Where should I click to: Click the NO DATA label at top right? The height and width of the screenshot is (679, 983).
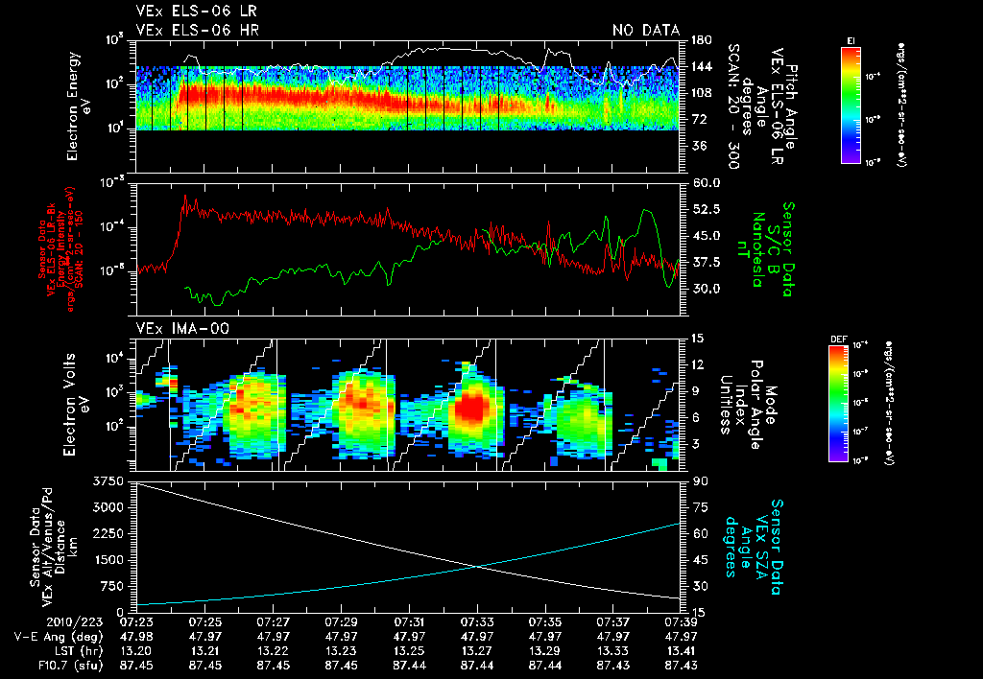tap(645, 31)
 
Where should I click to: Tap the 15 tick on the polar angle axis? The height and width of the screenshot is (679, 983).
tap(696, 338)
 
